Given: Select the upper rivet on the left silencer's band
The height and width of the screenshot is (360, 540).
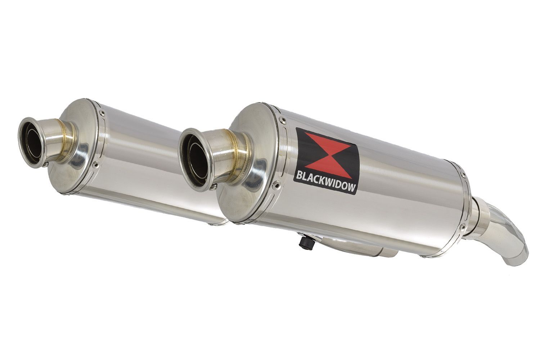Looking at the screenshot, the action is [103, 112].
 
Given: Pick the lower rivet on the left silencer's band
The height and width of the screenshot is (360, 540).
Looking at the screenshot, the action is [97, 165].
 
